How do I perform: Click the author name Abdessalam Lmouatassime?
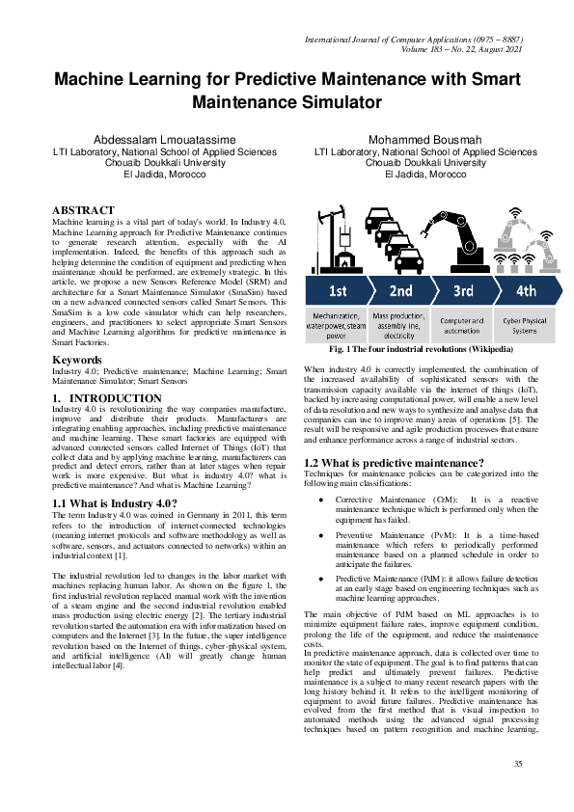(151, 140)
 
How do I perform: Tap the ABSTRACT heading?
(84, 210)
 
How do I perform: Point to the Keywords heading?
(78, 360)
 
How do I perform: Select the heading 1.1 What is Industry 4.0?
(115, 502)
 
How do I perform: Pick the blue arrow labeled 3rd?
(462, 290)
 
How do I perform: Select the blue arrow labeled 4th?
(526, 290)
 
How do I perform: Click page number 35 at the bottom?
(517, 764)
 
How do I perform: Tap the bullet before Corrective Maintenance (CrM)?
(319, 500)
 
